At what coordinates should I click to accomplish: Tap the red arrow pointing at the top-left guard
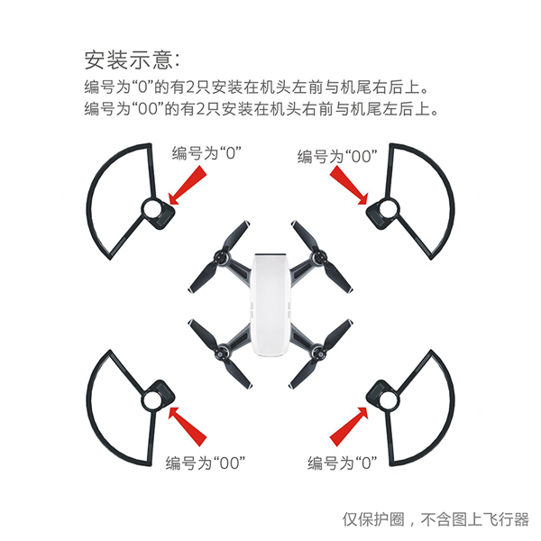(x=188, y=185)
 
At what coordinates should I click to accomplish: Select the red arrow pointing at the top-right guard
(x=350, y=185)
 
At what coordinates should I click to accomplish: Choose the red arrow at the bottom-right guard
(x=350, y=426)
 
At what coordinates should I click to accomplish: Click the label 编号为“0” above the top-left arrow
(x=206, y=153)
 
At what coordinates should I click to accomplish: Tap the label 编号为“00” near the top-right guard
(x=337, y=156)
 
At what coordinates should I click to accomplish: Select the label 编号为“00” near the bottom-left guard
(x=206, y=463)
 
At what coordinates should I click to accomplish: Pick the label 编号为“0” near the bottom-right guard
(x=343, y=463)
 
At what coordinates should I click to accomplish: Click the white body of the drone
(x=270, y=305)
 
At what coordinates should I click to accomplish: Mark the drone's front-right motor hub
(x=318, y=257)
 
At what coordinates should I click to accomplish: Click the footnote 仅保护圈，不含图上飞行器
(x=436, y=519)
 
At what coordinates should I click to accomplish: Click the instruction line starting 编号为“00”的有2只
(x=261, y=109)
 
